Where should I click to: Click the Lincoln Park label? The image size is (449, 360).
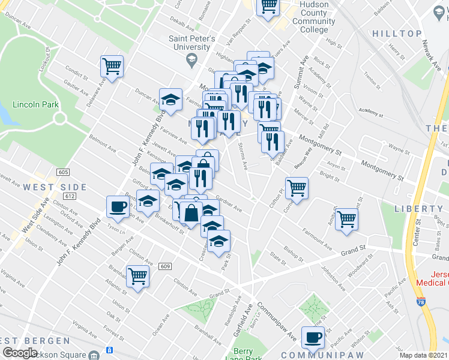pyautogui.click(x=37, y=104)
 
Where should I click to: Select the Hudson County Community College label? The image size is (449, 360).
pyautogui.click(x=310, y=21)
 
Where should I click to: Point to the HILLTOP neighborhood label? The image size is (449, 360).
pyautogui.click(x=397, y=34)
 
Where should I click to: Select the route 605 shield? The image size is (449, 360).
pyautogui.click(x=64, y=172)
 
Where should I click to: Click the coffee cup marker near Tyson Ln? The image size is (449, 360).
pyautogui.click(x=117, y=207)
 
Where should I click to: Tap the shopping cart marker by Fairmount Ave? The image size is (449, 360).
pyautogui.click(x=346, y=219)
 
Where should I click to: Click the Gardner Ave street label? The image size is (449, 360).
pyautogui.click(x=229, y=205)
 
